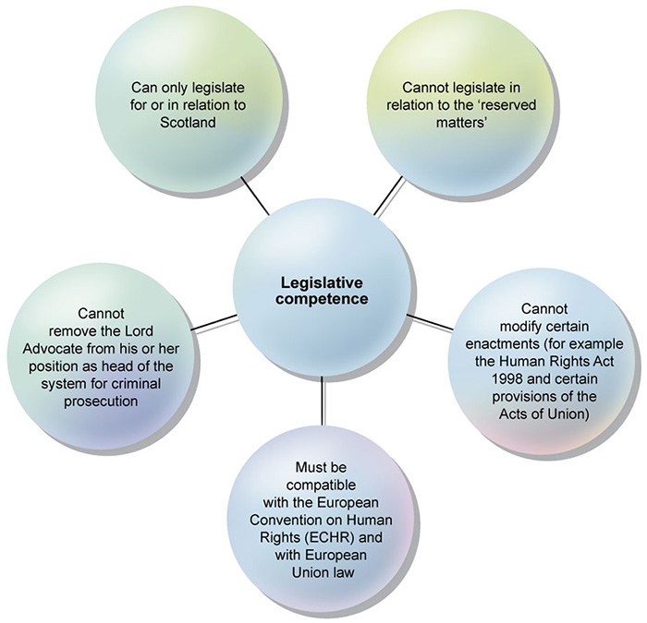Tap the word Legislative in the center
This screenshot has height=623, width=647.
pyautogui.click(x=323, y=282)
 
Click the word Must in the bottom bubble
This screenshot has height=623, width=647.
pyautogui.click(x=322, y=467)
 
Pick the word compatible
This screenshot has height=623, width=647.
pyautogui.click(x=322, y=484)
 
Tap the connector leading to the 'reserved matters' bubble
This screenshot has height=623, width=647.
pyautogui.click(x=388, y=196)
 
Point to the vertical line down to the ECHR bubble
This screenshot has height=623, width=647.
pyautogui.click(x=323, y=397)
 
